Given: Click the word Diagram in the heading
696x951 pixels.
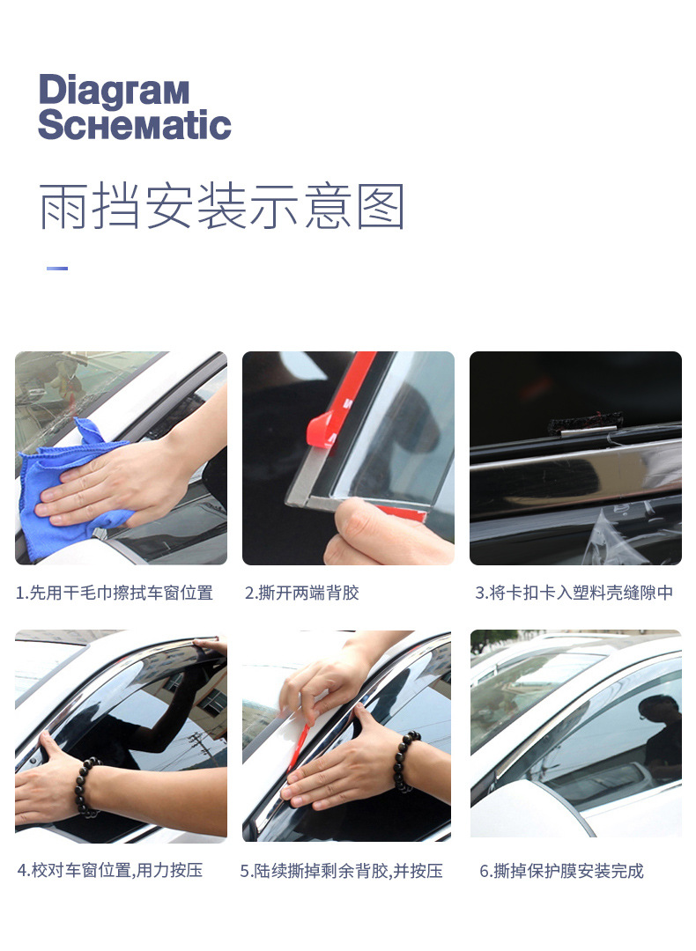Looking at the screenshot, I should coord(114,92).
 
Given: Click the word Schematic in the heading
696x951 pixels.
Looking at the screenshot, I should coord(134,126).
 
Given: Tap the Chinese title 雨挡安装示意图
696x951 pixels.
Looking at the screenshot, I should coord(222,208).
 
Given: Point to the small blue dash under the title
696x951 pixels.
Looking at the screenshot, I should coord(57,268).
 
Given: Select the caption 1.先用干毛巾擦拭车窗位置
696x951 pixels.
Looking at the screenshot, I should coord(115,593).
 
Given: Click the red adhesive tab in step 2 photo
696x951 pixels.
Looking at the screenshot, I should coord(322,429).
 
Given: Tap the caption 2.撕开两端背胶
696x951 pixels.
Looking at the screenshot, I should coord(302,593).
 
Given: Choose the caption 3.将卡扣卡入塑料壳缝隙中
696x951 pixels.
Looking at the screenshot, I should coord(574,593).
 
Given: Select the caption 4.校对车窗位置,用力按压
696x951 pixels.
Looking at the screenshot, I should coord(110,870).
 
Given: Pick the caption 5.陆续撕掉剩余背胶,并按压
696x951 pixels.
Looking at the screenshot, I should coord(342,871).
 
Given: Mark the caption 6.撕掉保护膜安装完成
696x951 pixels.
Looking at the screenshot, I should coord(562,871).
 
